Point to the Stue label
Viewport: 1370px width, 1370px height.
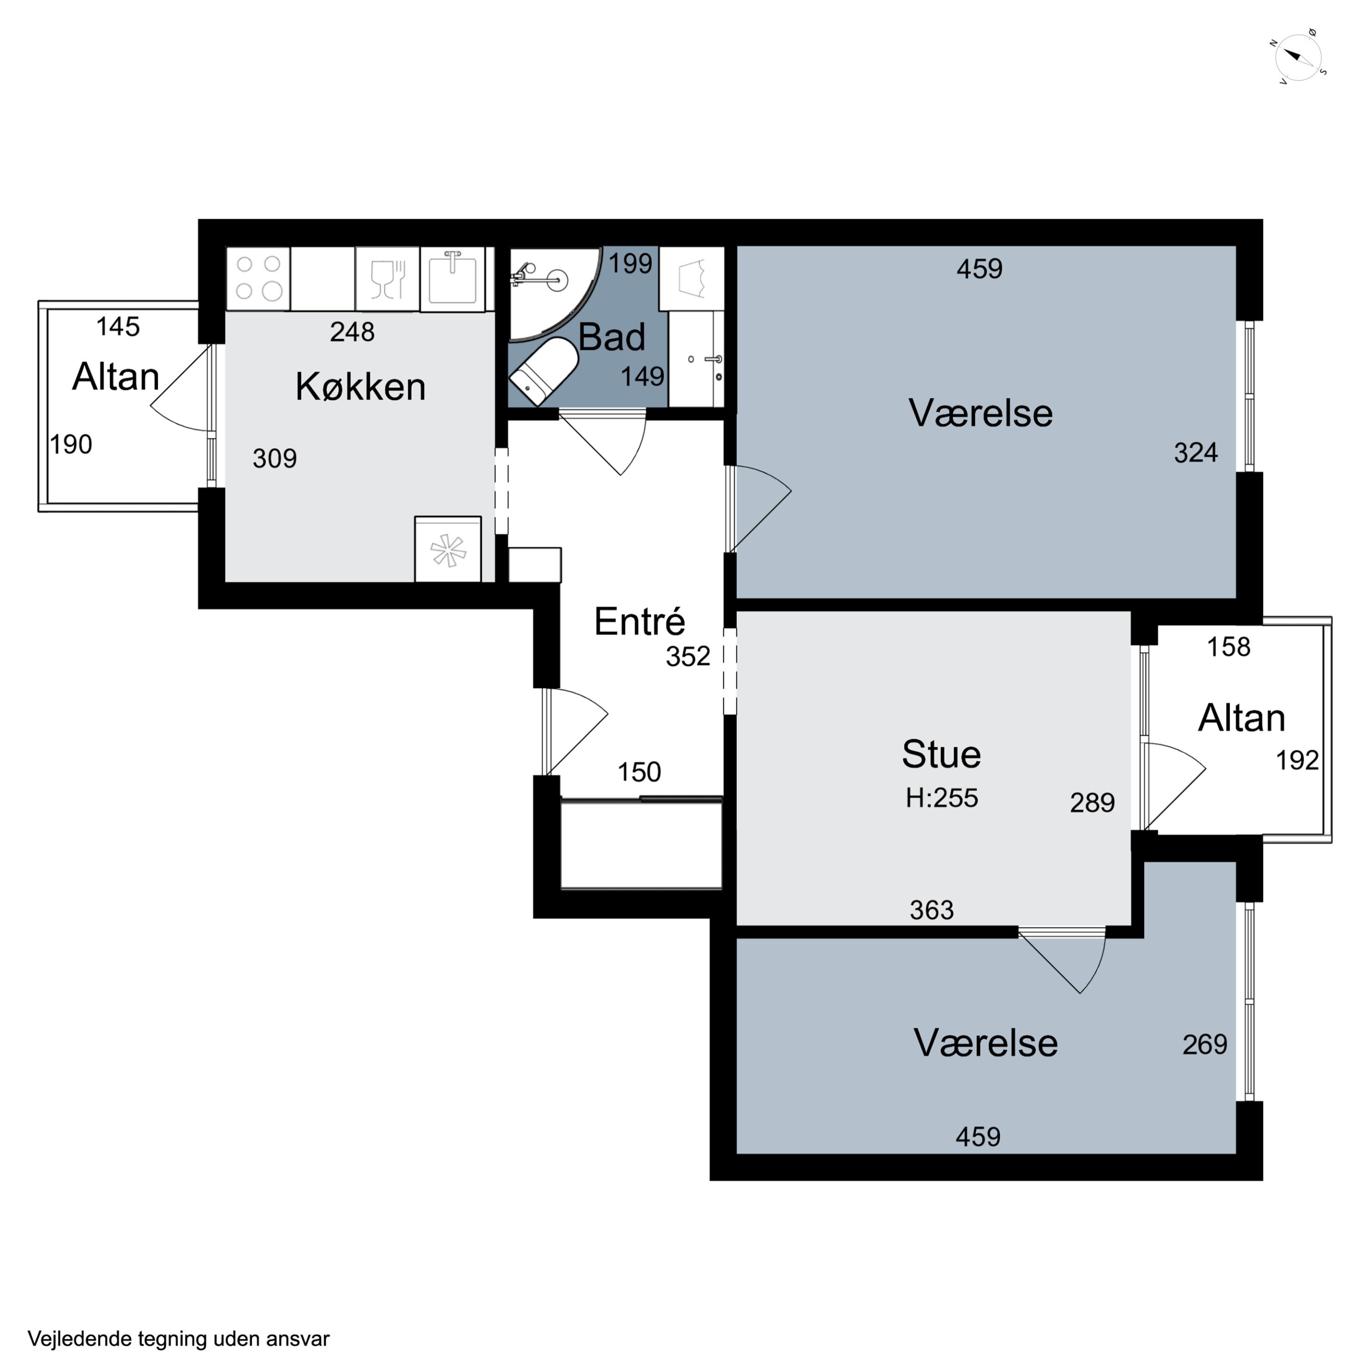941,754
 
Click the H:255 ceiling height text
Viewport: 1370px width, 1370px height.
942,798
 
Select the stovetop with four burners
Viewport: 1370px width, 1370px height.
258,278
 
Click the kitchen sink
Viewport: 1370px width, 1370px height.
453,279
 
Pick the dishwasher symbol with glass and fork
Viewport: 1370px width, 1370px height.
387,279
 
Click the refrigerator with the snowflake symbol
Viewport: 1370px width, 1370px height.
448,549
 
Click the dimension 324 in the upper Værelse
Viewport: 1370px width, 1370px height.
1196,453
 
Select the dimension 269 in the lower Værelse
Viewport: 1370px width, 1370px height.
1205,1044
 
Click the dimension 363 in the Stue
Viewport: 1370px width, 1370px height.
932,910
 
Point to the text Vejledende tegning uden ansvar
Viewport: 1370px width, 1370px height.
179,1339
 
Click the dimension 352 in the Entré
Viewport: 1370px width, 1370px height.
688,657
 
